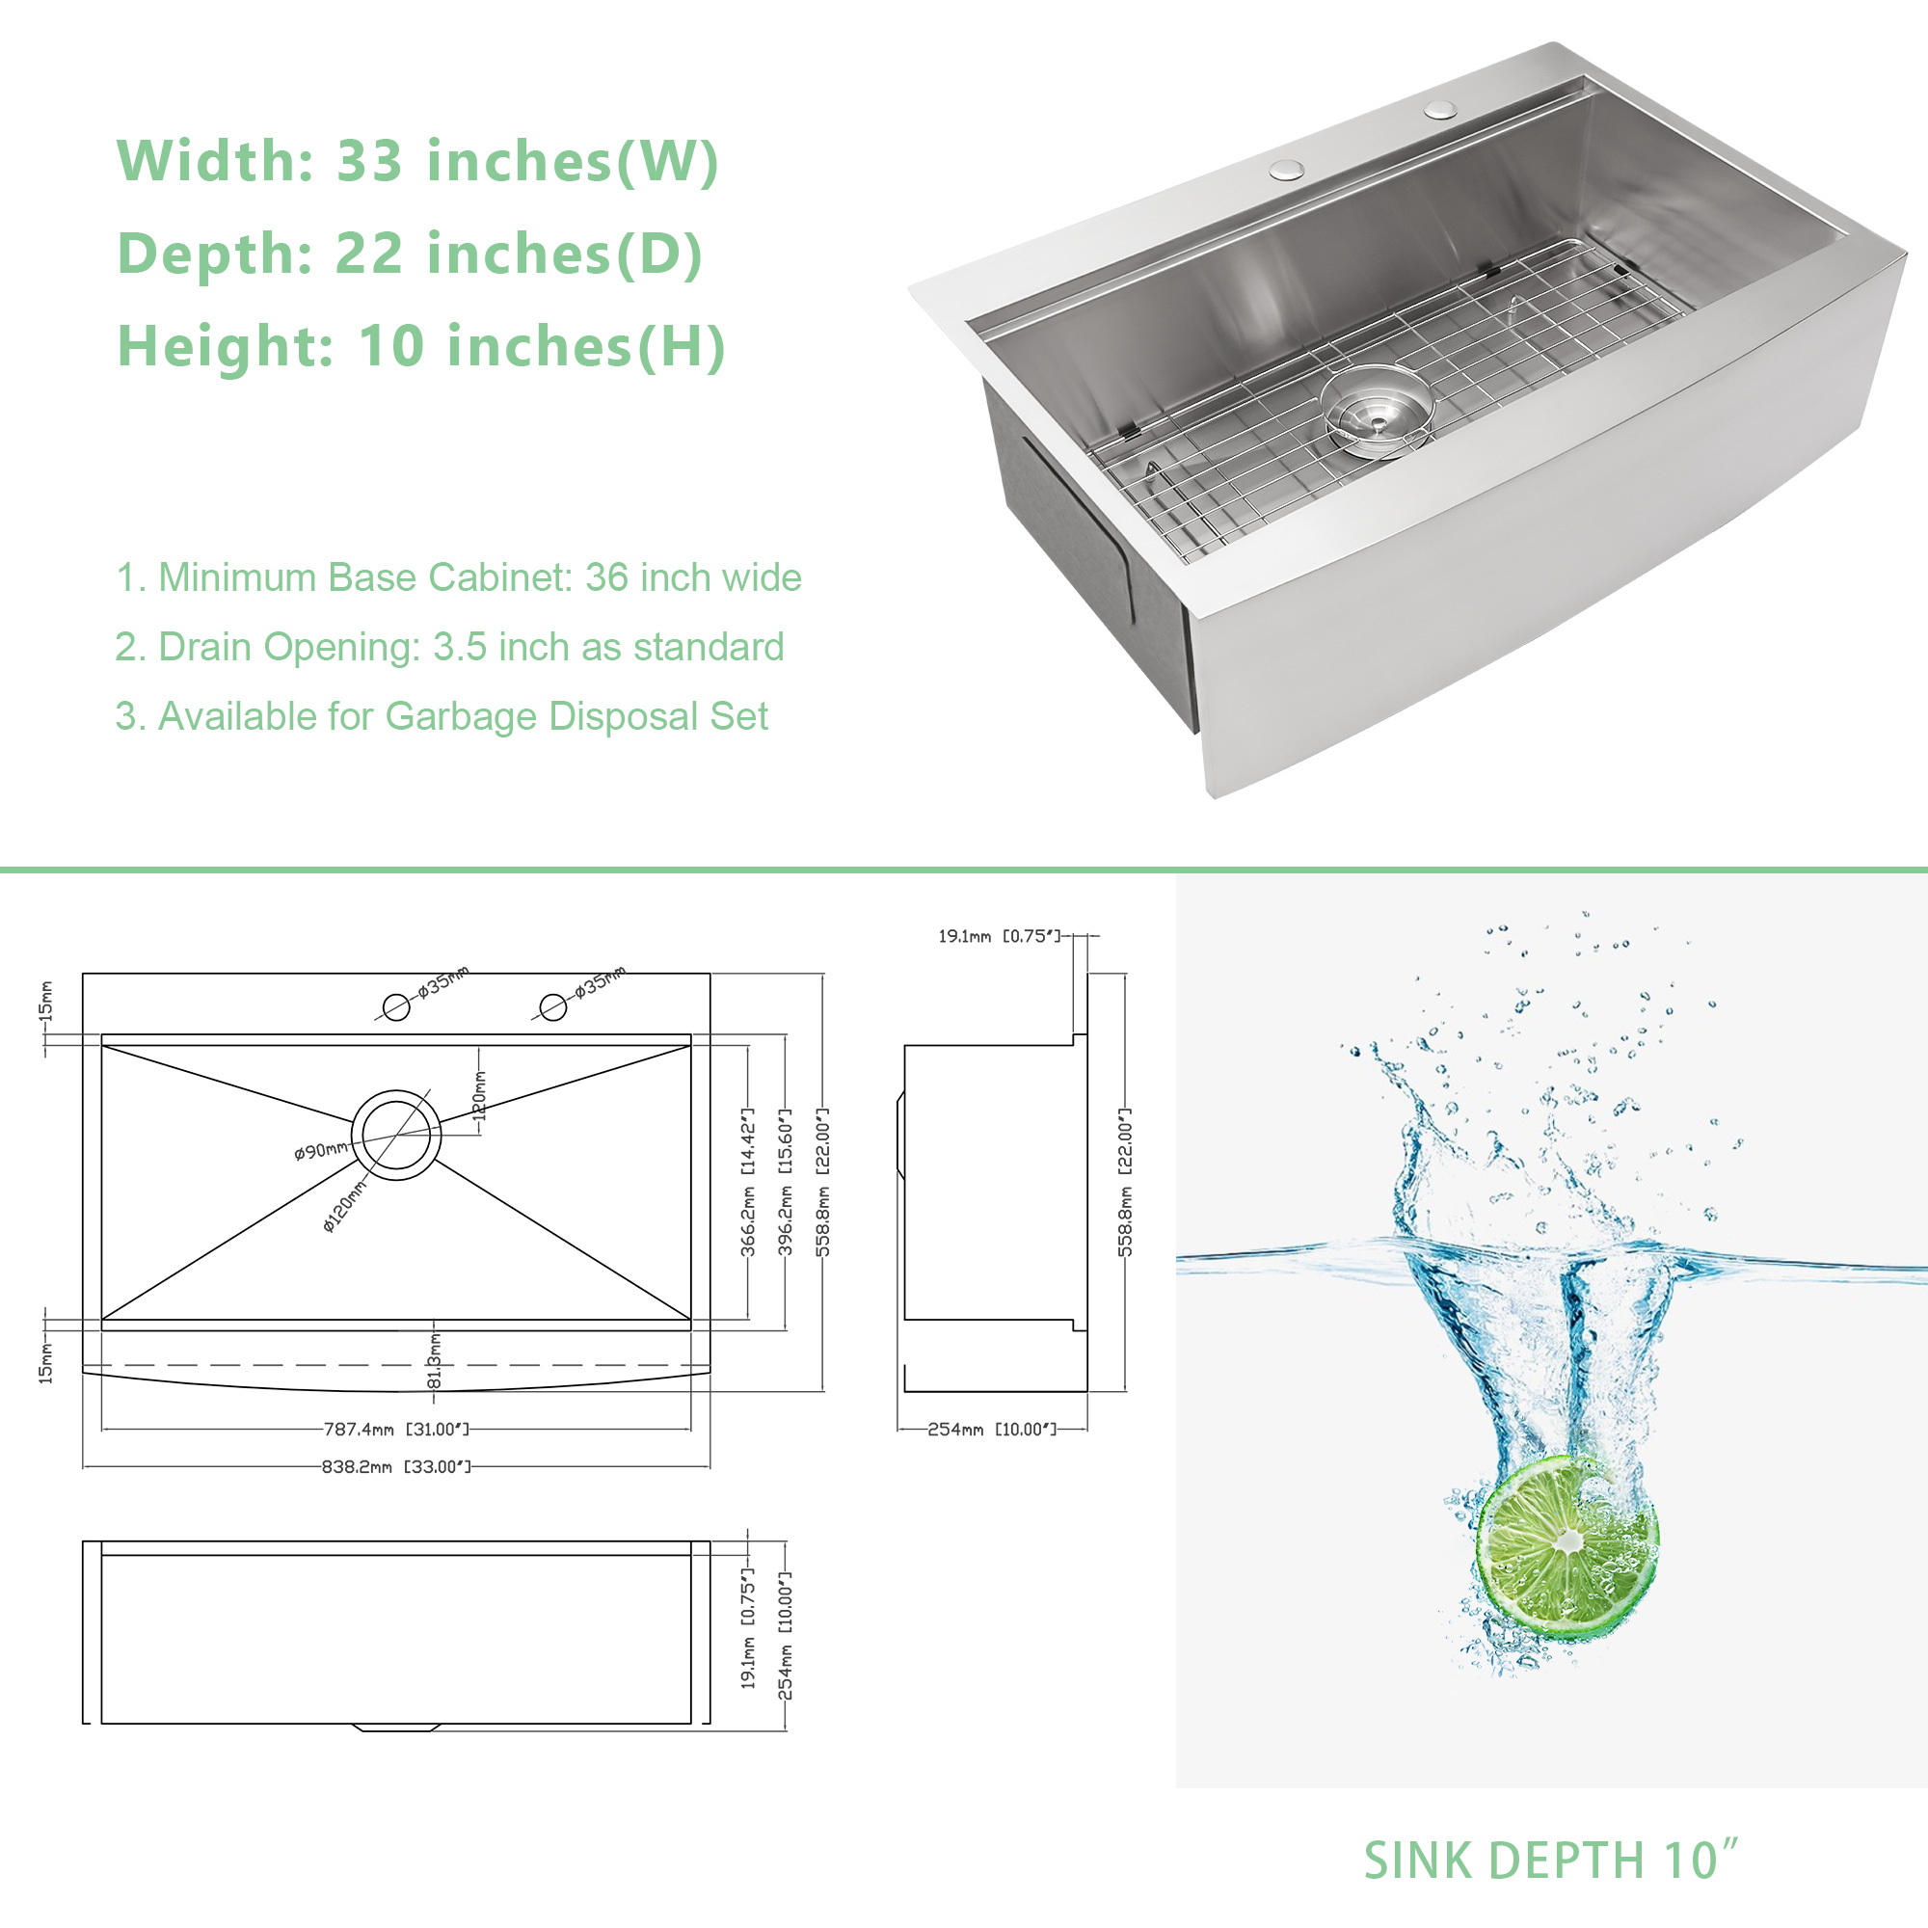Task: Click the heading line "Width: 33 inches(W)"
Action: coord(418,162)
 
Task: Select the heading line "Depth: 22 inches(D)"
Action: coord(410,254)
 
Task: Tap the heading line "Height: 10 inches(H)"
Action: coord(421,346)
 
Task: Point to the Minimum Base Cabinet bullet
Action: coord(458,577)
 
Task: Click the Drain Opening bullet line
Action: coord(449,648)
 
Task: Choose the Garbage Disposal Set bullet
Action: coord(442,716)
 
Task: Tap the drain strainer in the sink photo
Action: coord(1377,412)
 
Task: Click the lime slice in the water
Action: coord(1566,1548)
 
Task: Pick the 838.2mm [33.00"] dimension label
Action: coord(396,1467)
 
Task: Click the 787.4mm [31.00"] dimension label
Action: coord(396,1429)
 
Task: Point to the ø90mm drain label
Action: coord(320,1152)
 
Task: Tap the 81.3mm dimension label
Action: coord(434,1360)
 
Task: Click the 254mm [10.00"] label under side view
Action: coord(992,1429)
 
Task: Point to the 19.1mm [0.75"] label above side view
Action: coord(998,936)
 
